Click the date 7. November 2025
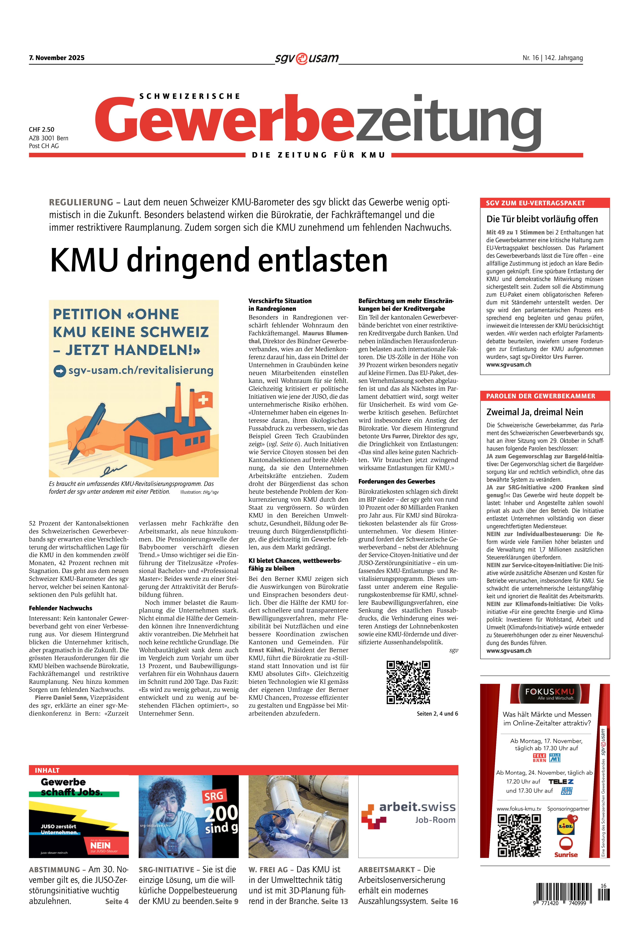click(x=56, y=58)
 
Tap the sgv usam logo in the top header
click(x=307, y=58)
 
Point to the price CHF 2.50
click(x=42, y=130)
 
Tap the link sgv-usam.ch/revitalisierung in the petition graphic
click(x=140, y=370)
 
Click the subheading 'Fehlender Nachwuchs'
click(x=61, y=608)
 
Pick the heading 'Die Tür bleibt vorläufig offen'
click(x=542, y=219)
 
